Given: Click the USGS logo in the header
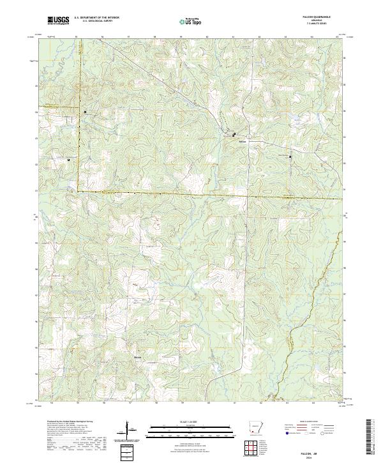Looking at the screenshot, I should pos(59,21).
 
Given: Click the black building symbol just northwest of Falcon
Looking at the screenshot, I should pos(234,134).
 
